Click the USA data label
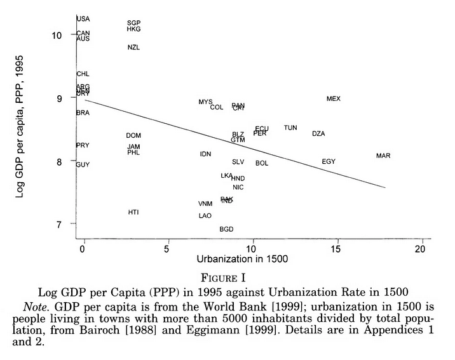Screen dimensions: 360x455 [83, 19]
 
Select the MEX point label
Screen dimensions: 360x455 [334, 99]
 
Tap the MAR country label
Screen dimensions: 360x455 [383, 156]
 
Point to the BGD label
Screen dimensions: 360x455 [226, 229]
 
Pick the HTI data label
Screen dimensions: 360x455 [133, 212]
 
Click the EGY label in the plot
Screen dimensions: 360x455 [329, 162]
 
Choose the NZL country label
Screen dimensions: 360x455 [133, 48]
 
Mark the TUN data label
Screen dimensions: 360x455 [290, 128]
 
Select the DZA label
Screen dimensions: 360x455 [318, 134]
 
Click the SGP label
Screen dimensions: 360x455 [133, 23]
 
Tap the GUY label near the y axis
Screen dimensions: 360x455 [83, 165]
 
